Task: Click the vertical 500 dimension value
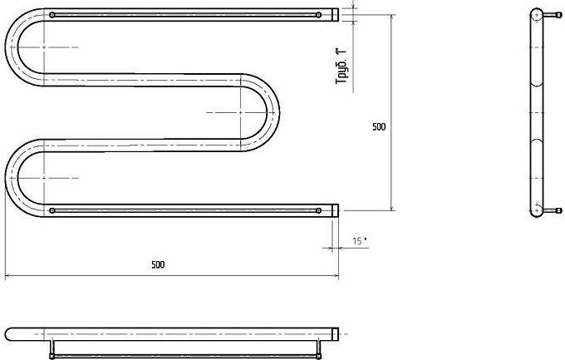379,126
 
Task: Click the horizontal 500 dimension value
158,264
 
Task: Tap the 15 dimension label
359,241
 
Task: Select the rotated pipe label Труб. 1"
341,66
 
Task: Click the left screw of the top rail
52,15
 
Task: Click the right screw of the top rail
318,15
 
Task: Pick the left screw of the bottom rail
52,210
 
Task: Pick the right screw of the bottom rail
318,210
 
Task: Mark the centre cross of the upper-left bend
44,47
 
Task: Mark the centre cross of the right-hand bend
241,112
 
